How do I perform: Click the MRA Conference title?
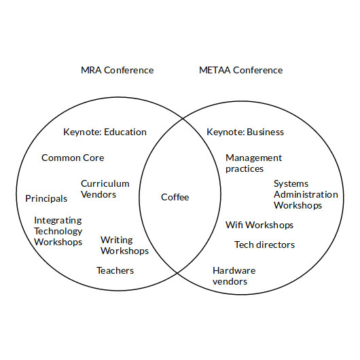tap(117, 70)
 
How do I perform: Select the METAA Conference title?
tap(241, 70)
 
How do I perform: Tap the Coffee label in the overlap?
tap(175, 197)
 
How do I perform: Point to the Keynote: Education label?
tap(105, 132)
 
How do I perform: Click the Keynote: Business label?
tap(245, 132)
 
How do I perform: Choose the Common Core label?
tap(73, 158)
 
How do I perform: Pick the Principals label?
tap(46, 198)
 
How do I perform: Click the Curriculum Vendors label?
tap(105, 189)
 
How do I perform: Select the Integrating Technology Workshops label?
tap(58, 231)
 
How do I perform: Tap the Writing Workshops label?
tap(124, 245)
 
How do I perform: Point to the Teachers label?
tap(115, 270)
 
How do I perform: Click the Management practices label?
tap(254, 163)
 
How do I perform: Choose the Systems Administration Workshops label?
tap(306, 194)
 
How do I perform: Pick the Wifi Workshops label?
tap(259, 225)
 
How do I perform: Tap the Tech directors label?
tap(264, 245)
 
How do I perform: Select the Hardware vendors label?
tap(234, 276)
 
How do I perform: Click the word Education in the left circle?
tap(125, 132)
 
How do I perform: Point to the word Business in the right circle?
tap(265, 132)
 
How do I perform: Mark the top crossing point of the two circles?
tap(183, 118)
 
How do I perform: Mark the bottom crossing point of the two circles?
tap(177, 273)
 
